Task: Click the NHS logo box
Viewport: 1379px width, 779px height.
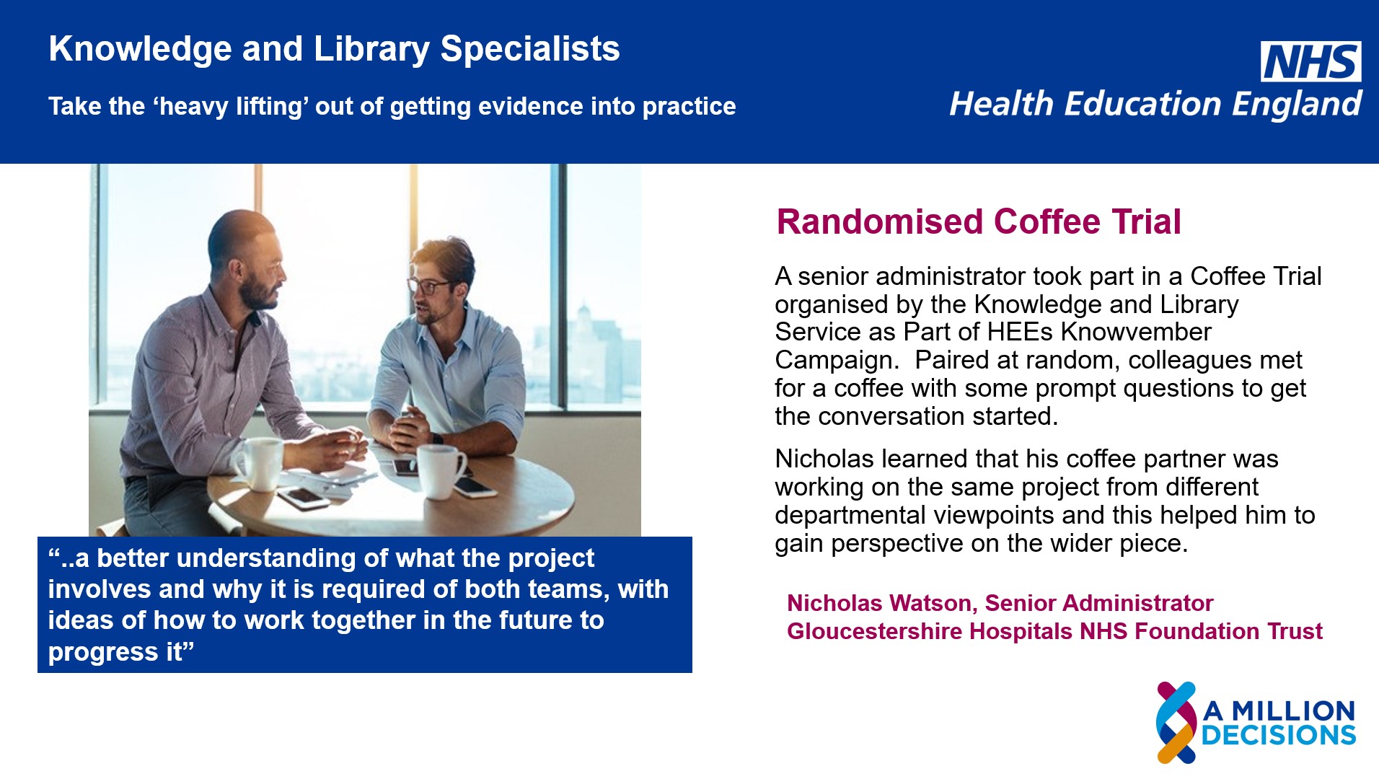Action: (1310, 61)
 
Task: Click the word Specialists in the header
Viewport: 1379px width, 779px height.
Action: (530, 49)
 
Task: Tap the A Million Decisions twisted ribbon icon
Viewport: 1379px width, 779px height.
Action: (1177, 722)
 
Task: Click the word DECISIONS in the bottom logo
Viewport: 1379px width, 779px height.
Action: (1279, 735)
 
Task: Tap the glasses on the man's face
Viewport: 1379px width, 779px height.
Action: (431, 286)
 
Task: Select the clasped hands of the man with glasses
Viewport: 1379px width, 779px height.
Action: (407, 428)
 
